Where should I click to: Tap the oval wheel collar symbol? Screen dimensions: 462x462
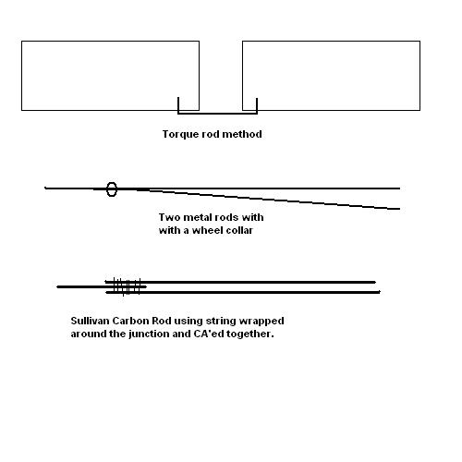point(112,189)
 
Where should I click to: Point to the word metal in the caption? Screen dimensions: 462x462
point(196,217)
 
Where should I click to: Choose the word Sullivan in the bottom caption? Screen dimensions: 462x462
point(90,321)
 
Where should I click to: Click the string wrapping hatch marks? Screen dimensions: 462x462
point(127,286)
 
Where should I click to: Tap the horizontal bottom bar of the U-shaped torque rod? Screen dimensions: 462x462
point(217,114)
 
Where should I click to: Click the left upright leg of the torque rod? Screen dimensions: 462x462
point(178,105)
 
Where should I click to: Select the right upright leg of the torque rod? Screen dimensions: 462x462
point(257,106)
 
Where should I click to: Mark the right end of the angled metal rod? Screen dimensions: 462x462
point(399,209)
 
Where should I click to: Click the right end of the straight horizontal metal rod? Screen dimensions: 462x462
point(399,188)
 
